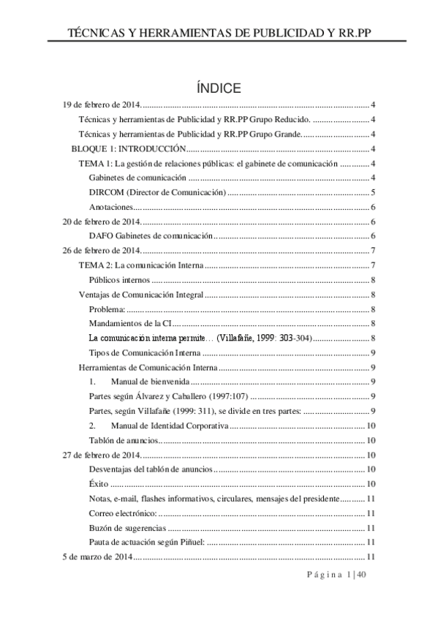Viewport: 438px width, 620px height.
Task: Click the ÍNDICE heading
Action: [219, 88]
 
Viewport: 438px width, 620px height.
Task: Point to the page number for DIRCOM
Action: [373, 193]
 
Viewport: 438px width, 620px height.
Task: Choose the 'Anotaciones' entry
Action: [110, 208]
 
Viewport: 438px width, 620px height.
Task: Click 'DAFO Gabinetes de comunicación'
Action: [151, 236]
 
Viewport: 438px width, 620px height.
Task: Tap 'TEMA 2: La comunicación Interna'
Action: [141, 265]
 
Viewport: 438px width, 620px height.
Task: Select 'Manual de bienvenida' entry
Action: [151, 382]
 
